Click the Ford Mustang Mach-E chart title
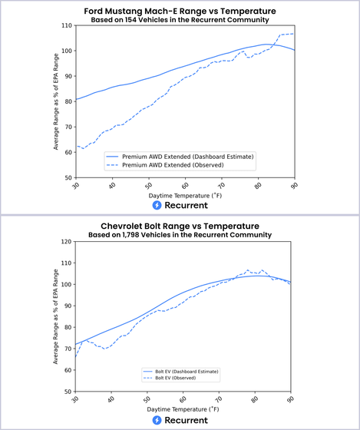180,12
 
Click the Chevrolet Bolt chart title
180,227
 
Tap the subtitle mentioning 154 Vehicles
180,20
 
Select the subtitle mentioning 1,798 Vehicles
180,235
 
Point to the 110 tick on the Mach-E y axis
67,25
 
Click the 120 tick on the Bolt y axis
67,242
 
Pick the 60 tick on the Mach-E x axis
185,185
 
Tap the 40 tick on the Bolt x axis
111,399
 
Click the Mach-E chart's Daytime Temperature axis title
185,196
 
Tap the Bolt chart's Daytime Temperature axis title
183,409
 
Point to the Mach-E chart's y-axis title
56,101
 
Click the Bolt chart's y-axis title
56,316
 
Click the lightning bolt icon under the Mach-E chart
157,205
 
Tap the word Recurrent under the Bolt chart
187,420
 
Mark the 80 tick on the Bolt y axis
68,327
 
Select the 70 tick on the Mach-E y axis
68,127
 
